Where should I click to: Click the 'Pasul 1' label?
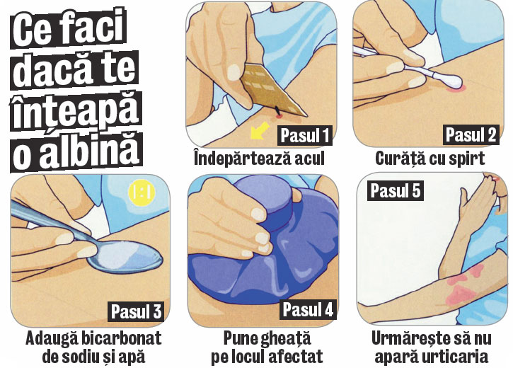(304, 135)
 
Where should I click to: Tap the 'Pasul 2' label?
(471, 134)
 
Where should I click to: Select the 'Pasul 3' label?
(136, 311)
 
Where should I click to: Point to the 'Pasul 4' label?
(308, 309)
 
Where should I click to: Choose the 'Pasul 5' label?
(396, 190)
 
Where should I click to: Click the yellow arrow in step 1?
(260, 131)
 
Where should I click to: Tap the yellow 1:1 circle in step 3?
(142, 192)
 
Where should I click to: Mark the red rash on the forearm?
(465, 284)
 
